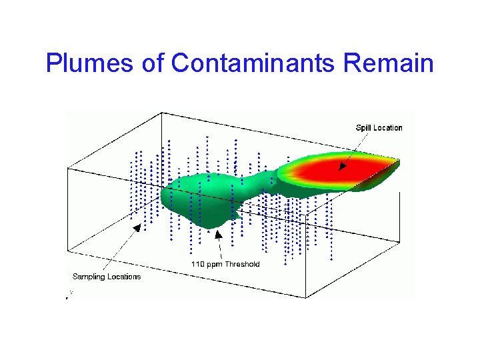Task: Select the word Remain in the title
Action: click(x=389, y=63)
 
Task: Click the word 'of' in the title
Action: click(x=153, y=63)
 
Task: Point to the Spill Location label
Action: click(x=379, y=127)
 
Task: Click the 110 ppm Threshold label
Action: click(x=225, y=264)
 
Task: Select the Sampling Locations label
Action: click(x=107, y=277)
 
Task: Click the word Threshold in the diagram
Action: click(x=242, y=264)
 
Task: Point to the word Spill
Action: click(x=363, y=127)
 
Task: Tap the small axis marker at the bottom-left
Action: click(x=69, y=295)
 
